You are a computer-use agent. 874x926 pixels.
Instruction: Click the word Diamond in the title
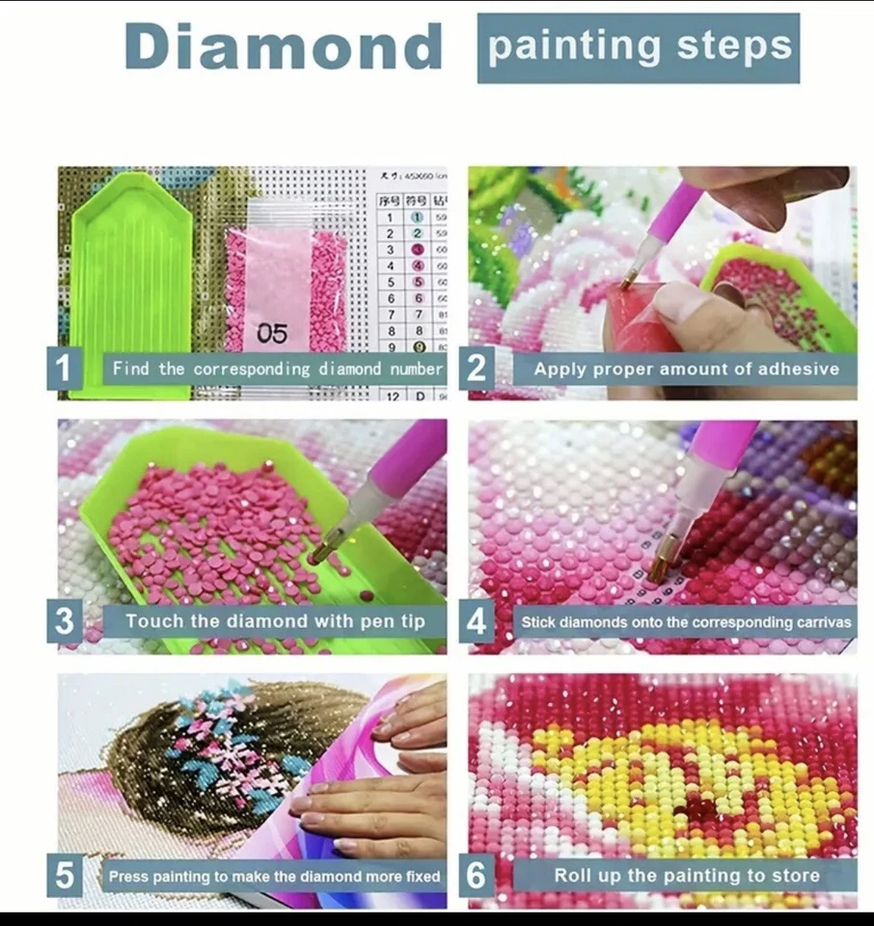pyautogui.click(x=283, y=46)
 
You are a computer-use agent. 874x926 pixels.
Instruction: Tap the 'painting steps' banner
pyautogui.click(x=638, y=47)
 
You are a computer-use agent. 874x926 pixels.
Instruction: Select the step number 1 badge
pyautogui.click(x=65, y=368)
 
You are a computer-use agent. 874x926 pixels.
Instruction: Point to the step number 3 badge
pyautogui.click(x=65, y=621)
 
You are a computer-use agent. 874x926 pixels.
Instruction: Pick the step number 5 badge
pyautogui.click(x=65, y=876)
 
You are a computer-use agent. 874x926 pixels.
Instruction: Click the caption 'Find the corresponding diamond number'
pyautogui.click(x=276, y=368)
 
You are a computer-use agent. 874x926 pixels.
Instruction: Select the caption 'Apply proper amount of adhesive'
pyautogui.click(x=686, y=368)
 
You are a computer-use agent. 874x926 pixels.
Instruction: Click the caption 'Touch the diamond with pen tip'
pyautogui.click(x=274, y=621)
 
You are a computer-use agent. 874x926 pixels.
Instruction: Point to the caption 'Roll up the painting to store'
pyautogui.click(x=686, y=876)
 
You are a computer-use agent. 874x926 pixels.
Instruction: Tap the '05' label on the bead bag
pyautogui.click(x=272, y=334)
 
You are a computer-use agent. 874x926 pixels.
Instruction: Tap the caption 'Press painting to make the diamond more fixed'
pyautogui.click(x=274, y=877)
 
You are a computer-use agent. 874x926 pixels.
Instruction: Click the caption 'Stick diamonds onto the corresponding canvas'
pyautogui.click(x=686, y=622)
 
